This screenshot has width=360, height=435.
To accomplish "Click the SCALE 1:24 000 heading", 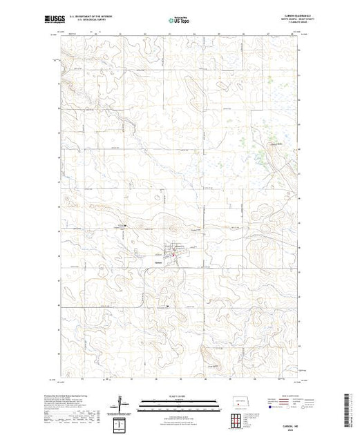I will (x=180, y=396).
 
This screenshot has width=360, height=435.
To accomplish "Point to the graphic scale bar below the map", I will (x=180, y=403).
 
